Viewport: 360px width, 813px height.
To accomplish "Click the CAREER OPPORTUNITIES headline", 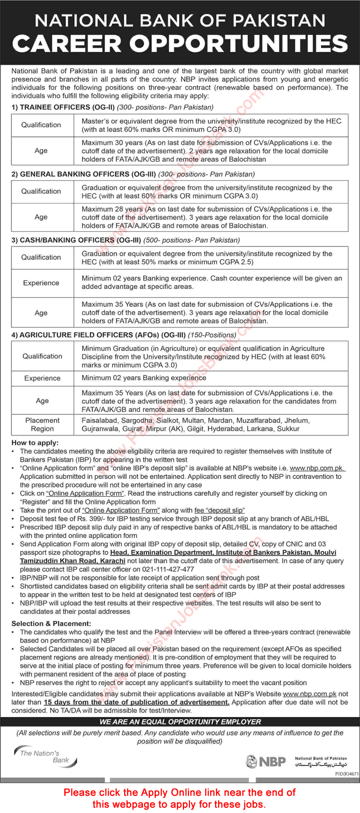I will click(180, 44).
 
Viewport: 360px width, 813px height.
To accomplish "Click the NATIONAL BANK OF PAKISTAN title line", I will click(180, 20).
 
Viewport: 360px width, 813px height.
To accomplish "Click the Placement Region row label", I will click(43, 424).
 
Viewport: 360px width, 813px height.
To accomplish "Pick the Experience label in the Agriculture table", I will click(43, 378).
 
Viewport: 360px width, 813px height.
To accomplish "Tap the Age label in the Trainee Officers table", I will click(41, 151).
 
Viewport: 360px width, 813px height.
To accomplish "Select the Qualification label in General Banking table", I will click(41, 191).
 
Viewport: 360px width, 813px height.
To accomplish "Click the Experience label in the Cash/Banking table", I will click(41, 283).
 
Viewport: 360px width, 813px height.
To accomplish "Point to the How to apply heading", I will click(35, 443).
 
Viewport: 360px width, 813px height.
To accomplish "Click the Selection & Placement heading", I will click(51, 624).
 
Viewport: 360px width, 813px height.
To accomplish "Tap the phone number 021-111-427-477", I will click(168, 569).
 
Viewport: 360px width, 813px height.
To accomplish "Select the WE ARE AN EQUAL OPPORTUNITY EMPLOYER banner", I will click(180, 722).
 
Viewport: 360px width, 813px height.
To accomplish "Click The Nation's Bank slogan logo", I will click(45, 756).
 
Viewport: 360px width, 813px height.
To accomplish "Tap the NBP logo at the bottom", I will click(267, 761).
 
